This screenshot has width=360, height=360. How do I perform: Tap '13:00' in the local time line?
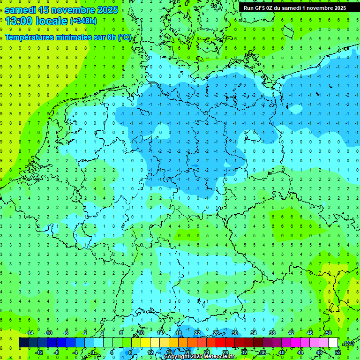tap(18, 21)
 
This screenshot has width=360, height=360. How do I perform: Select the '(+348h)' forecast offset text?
tap(83, 21)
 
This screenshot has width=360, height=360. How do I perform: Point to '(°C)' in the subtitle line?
tap(124, 37)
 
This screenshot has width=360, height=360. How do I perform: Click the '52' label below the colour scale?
tap(337, 352)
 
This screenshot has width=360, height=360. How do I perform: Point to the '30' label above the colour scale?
tap(235, 333)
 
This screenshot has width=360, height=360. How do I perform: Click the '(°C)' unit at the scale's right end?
tap(349, 343)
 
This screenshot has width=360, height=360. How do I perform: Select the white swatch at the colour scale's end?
tap(333, 343)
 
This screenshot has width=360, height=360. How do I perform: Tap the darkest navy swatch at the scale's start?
tap(24, 343)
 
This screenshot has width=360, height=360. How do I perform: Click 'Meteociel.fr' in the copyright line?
tap(219, 357)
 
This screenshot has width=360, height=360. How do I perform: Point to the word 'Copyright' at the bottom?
tap(177, 357)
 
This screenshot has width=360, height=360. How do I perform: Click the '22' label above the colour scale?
tap(197, 333)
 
